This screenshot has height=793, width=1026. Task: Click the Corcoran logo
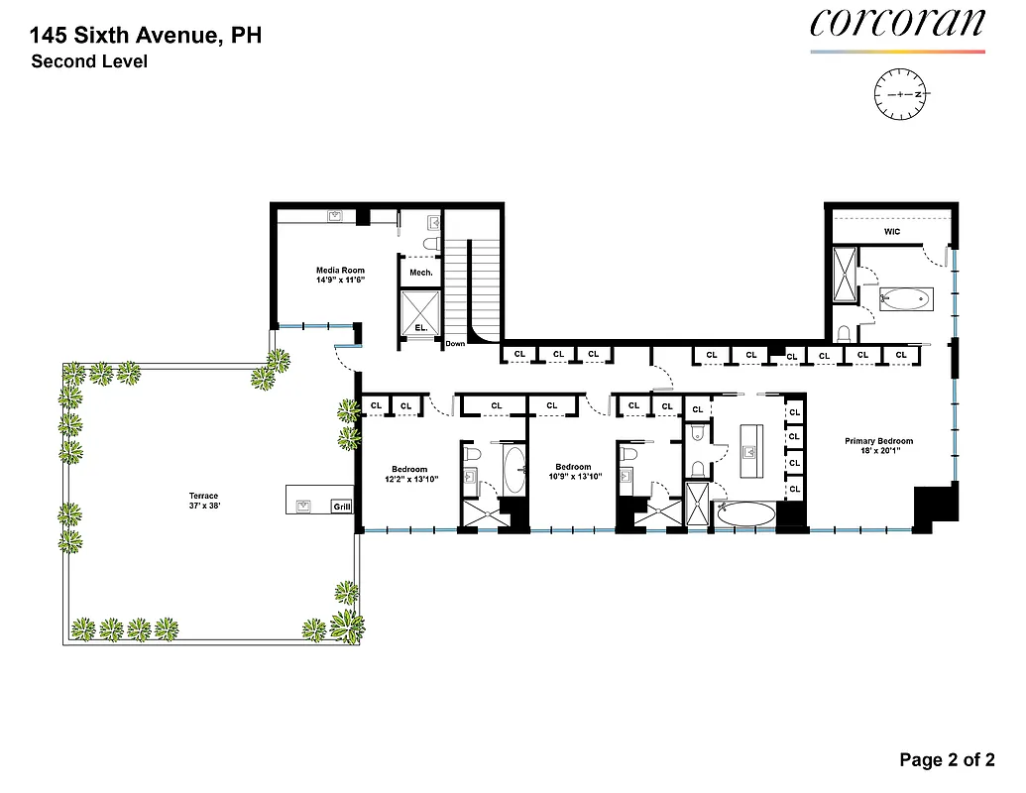[x=897, y=24]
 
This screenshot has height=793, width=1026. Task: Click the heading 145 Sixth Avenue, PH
[x=146, y=37]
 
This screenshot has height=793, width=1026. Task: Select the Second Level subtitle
[x=89, y=62]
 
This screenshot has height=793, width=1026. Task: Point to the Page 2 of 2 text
[x=946, y=760]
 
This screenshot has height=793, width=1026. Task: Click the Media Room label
[x=340, y=275]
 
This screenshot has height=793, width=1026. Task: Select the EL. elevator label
[x=420, y=326]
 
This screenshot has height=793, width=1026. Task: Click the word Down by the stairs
[x=455, y=343]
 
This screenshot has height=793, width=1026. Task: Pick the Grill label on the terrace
[x=341, y=507]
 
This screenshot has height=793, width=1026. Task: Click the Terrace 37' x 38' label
[x=204, y=501]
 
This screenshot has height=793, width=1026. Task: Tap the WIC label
[x=891, y=232]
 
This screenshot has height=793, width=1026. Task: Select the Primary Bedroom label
[x=878, y=446]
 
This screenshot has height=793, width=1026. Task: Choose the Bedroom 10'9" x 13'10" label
[x=573, y=473]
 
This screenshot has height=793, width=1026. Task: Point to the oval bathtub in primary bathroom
[x=746, y=513]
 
